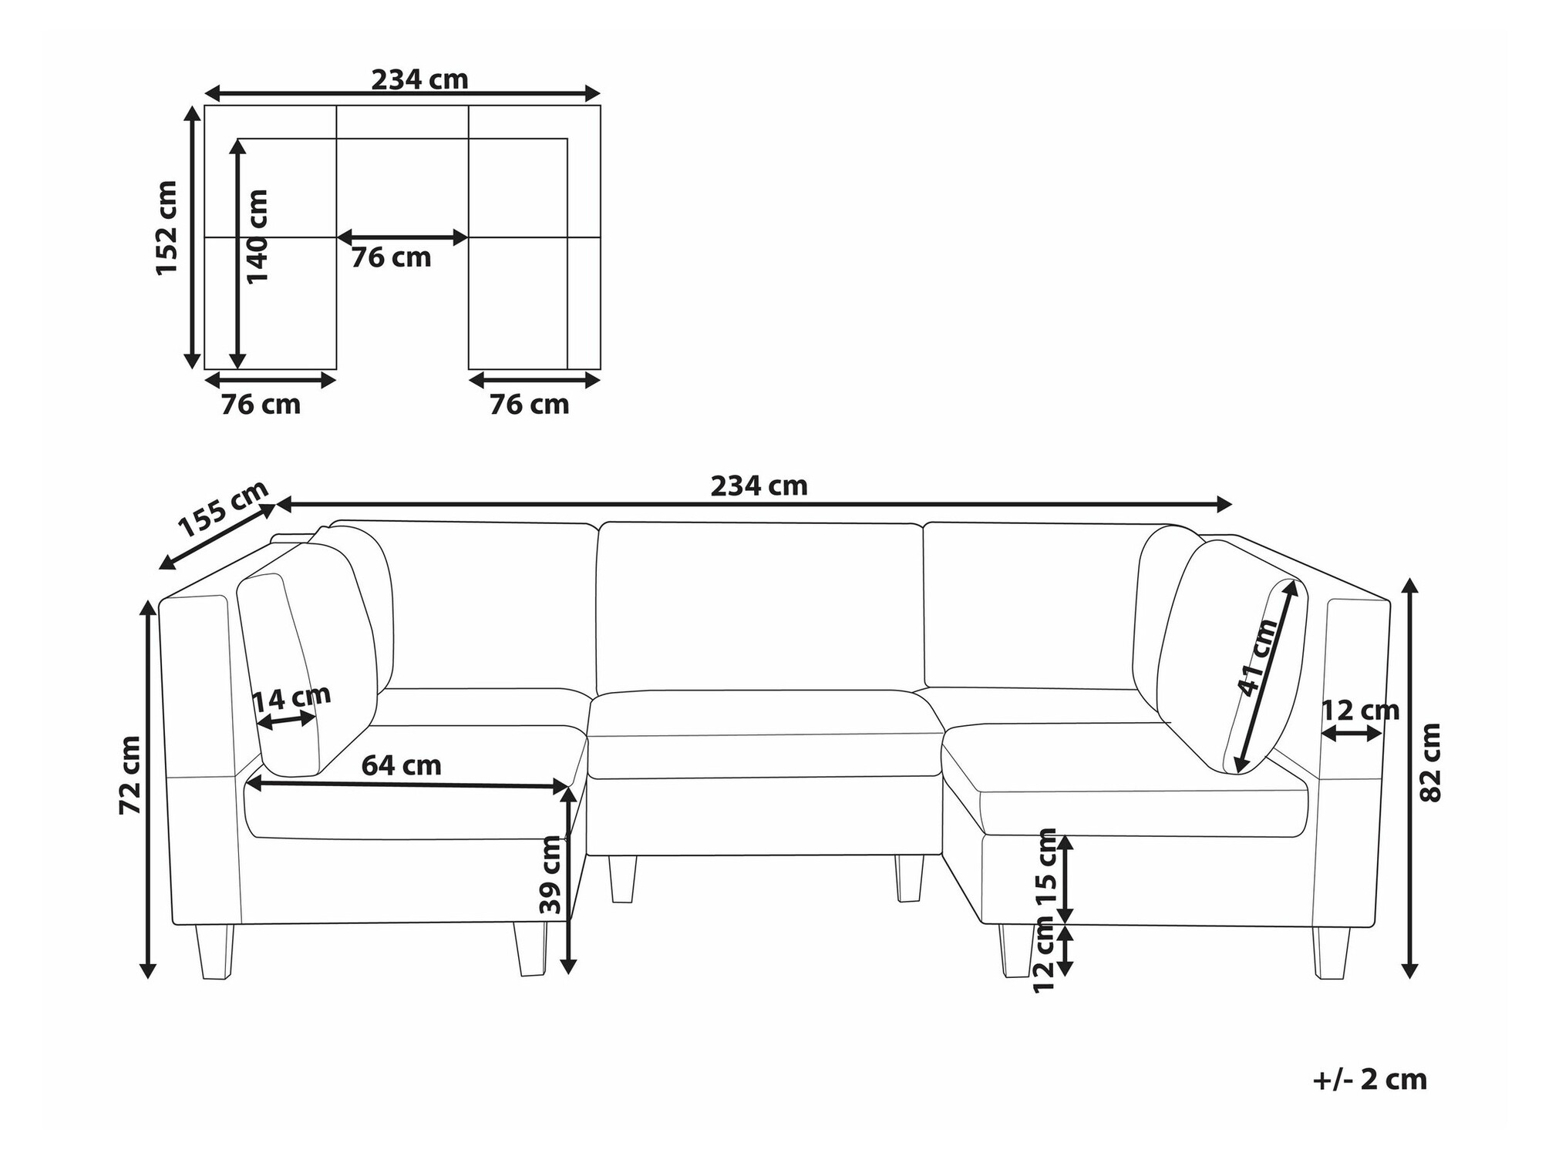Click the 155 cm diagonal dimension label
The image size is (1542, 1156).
pos(223,509)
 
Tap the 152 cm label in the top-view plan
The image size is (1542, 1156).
pos(167,228)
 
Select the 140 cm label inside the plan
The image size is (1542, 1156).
pos(258,236)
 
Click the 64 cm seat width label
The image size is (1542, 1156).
pos(401,765)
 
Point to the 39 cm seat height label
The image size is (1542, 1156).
pos(550,875)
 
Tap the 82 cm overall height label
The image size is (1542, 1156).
pos(1430,763)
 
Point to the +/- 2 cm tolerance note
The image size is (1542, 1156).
pos(1369,1080)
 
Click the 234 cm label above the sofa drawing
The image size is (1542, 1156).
pos(759,486)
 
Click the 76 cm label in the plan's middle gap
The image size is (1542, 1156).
pos(391,257)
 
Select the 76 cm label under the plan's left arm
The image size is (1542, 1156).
pos(261,404)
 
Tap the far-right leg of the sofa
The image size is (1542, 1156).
pos(1332,953)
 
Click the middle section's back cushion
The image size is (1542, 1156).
pos(759,605)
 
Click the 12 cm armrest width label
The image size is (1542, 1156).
pos(1360,710)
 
